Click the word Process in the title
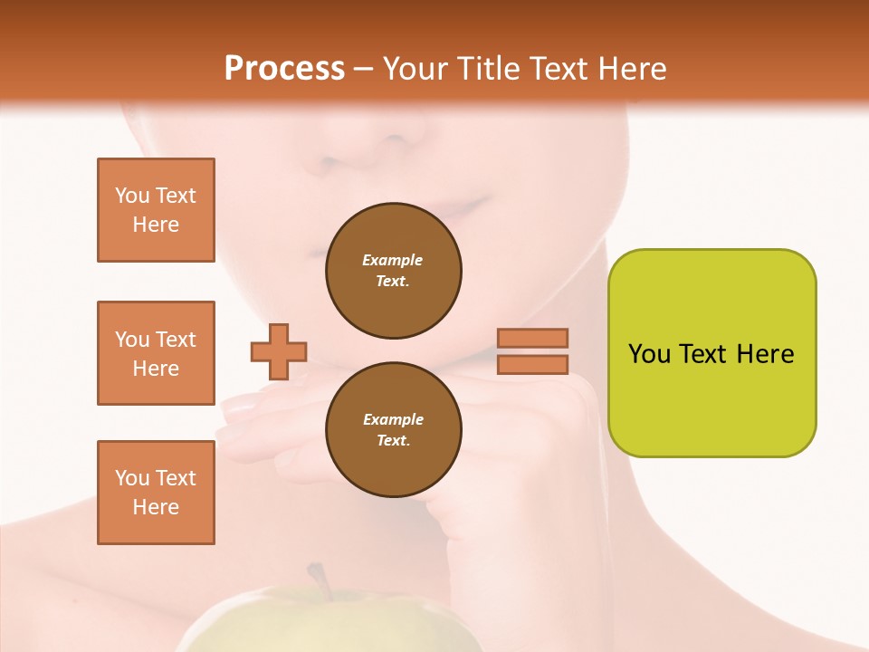click(284, 69)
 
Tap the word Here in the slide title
click(630, 69)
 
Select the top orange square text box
click(156, 210)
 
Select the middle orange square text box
click(156, 353)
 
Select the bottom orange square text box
click(156, 493)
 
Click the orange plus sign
click(279, 351)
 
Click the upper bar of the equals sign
click(533, 338)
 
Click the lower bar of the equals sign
click(533, 364)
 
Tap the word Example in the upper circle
click(393, 260)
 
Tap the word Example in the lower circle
click(393, 419)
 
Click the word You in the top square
click(132, 196)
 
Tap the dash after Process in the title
click(364, 70)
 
